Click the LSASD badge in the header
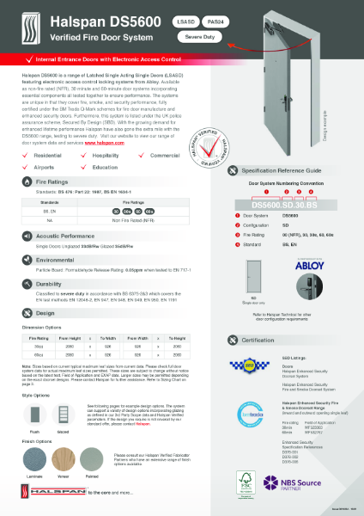point(185,19)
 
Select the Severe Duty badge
point(201,37)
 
